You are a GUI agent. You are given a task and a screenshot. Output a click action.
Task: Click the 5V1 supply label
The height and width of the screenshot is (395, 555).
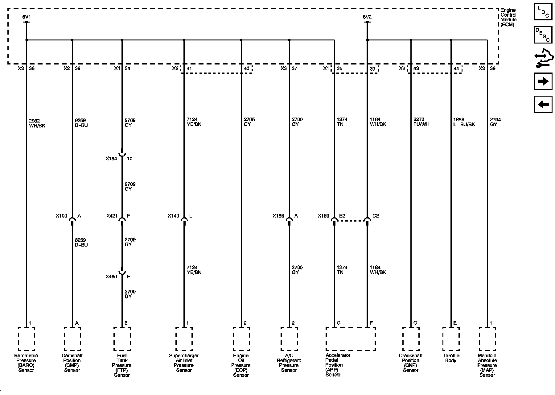[x=27, y=17]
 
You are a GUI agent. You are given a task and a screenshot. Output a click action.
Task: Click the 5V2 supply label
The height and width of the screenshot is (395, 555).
[x=367, y=17]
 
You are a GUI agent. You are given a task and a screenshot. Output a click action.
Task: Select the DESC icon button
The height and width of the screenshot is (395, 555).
[x=543, y=35]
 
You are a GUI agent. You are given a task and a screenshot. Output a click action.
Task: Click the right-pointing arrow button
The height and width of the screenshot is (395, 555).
[x=543, y=81]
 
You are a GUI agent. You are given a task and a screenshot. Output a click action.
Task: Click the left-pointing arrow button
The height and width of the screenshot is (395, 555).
[x=543, y=104]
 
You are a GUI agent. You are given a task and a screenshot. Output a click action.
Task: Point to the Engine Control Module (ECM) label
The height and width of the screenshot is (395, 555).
[x=508, y=17]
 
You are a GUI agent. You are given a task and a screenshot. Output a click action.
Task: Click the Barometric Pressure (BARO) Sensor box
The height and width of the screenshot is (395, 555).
[x=27, y=339]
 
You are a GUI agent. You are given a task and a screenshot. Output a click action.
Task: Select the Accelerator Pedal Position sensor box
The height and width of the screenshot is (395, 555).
[x=351, y=339]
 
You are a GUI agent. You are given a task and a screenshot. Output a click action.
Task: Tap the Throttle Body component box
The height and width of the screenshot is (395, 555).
[x=451, y=339]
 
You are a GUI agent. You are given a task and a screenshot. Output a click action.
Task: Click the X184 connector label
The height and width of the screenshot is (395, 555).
[x=111, y=159]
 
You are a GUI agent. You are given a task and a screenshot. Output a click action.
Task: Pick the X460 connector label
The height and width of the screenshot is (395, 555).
[x=111, y=276]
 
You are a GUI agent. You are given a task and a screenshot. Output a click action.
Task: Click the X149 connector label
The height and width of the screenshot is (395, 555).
[x=173, y=216]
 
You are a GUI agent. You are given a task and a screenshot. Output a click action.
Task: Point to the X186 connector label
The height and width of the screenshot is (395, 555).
[x=278, y=216]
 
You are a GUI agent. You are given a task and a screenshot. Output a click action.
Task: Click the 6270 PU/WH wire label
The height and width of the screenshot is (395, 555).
[x=421, y=122]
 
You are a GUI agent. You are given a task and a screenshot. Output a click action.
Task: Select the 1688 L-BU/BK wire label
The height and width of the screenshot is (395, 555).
[x=464, y=122]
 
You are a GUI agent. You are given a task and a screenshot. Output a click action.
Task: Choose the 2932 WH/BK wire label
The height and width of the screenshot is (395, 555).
[x=37, y=123]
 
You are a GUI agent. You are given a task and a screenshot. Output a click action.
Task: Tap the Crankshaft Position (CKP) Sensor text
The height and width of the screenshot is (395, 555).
[x=411, y=363]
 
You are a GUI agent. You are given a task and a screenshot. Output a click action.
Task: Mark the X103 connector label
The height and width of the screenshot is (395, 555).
[x=61, y=216]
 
